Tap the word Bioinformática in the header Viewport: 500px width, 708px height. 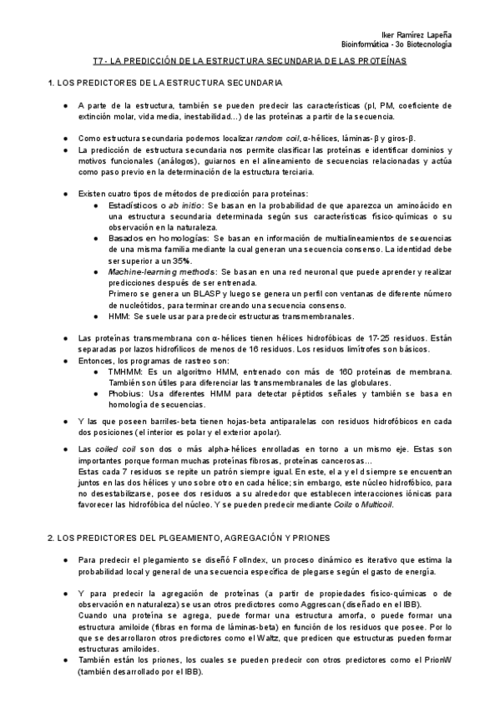click(366, 43)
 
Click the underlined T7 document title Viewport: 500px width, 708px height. click(250, 62)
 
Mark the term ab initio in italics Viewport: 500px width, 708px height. click(184, 205)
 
